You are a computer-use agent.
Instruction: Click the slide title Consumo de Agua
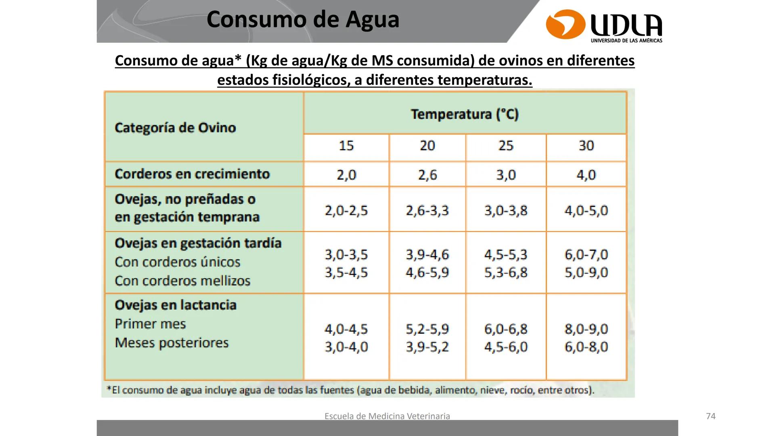pos(303,19)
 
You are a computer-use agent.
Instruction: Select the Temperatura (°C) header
pos(465,114)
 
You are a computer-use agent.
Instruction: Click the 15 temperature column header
pos(346,146)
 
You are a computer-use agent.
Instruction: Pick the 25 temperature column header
pos(506,146)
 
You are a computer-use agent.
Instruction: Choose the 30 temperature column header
pos(586,146)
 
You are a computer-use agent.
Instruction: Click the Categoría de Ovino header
pos(175,128)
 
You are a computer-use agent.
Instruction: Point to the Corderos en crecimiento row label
pos(192,174)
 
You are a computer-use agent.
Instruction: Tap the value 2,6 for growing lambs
pos(427,175)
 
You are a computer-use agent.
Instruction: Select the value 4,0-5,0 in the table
pos(586,210)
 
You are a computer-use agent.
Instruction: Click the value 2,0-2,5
pos(346,210)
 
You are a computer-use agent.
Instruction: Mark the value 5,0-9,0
pos(586,272)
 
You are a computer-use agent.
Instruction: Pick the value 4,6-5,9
pos(427,272)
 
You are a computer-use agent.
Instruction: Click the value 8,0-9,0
pos(586,329)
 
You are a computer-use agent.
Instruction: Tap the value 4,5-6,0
pos(506,347)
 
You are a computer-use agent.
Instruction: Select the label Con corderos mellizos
pos(182,281)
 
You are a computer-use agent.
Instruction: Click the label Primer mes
pos(150,324)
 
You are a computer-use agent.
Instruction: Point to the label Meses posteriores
pos(172,343)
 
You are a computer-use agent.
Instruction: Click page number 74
pos(710,416)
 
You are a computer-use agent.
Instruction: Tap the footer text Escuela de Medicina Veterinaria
pos(387,416)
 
